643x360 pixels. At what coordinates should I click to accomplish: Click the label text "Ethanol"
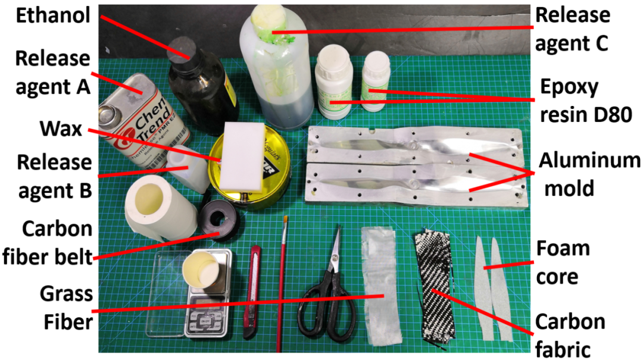[x=53, y=15]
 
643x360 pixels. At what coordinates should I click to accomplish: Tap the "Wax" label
[x=61, y=129]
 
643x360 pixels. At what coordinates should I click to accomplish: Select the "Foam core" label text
[x=563, y=263]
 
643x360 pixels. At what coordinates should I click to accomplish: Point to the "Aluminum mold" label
[x=589, y=174]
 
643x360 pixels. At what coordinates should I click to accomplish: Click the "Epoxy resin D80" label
[x=586, y=101]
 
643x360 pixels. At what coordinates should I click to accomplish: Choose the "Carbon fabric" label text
[x=570, y=336]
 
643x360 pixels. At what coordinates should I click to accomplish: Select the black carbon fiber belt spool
[x=219, y=220]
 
